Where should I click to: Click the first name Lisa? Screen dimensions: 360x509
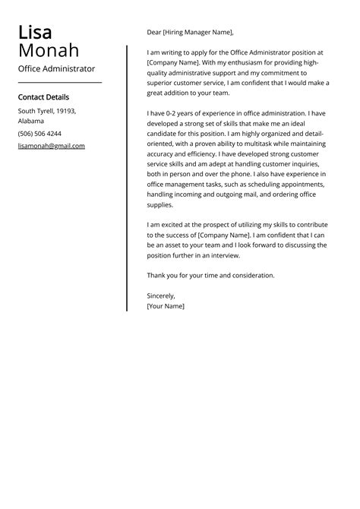tap(35, 33)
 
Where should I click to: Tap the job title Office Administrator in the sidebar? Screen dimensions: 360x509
tap(56, 68)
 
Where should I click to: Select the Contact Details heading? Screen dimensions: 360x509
tap(43, 97)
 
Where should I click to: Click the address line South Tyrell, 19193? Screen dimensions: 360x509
tap(47, 111)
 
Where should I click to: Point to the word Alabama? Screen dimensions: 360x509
tap(31, 121)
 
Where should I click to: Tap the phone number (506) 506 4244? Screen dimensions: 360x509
tap(39, 133)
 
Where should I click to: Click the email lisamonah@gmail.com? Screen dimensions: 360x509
tap(52, 146)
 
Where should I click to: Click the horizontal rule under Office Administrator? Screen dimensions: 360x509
tap(59, 82)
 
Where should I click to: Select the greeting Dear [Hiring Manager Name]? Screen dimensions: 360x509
tap(190, 33)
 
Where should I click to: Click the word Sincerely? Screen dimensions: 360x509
tap(161, 296)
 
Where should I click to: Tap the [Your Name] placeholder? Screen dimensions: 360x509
tap(166, 306)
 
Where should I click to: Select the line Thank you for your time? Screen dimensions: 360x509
tap(210, 275)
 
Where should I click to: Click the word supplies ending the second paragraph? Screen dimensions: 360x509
tap(160, 205)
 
